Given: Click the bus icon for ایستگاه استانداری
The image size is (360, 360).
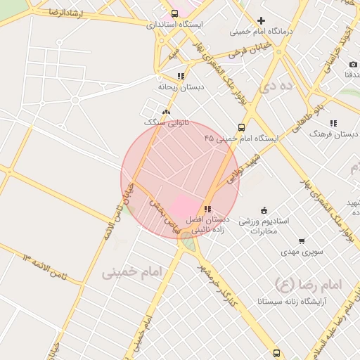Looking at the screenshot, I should (174, 13).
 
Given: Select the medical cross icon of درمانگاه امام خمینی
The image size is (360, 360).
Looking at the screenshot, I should (261, 21).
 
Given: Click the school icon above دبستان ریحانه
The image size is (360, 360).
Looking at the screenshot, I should (181, 76).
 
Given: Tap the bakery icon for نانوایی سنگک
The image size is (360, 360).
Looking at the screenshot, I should (166, 112).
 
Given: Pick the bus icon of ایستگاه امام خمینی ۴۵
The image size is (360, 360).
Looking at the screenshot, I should (241, 128).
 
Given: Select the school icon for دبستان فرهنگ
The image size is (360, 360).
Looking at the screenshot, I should (333, 124).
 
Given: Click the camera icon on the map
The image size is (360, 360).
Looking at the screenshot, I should (353, 65).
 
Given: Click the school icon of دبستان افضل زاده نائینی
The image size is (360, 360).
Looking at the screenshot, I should (207, 209).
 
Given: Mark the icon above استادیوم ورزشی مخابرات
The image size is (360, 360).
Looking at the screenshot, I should (264, 210).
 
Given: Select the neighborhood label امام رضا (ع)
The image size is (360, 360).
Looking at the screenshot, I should (307, 285).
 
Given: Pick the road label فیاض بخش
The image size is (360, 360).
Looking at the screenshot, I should (160, 211).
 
